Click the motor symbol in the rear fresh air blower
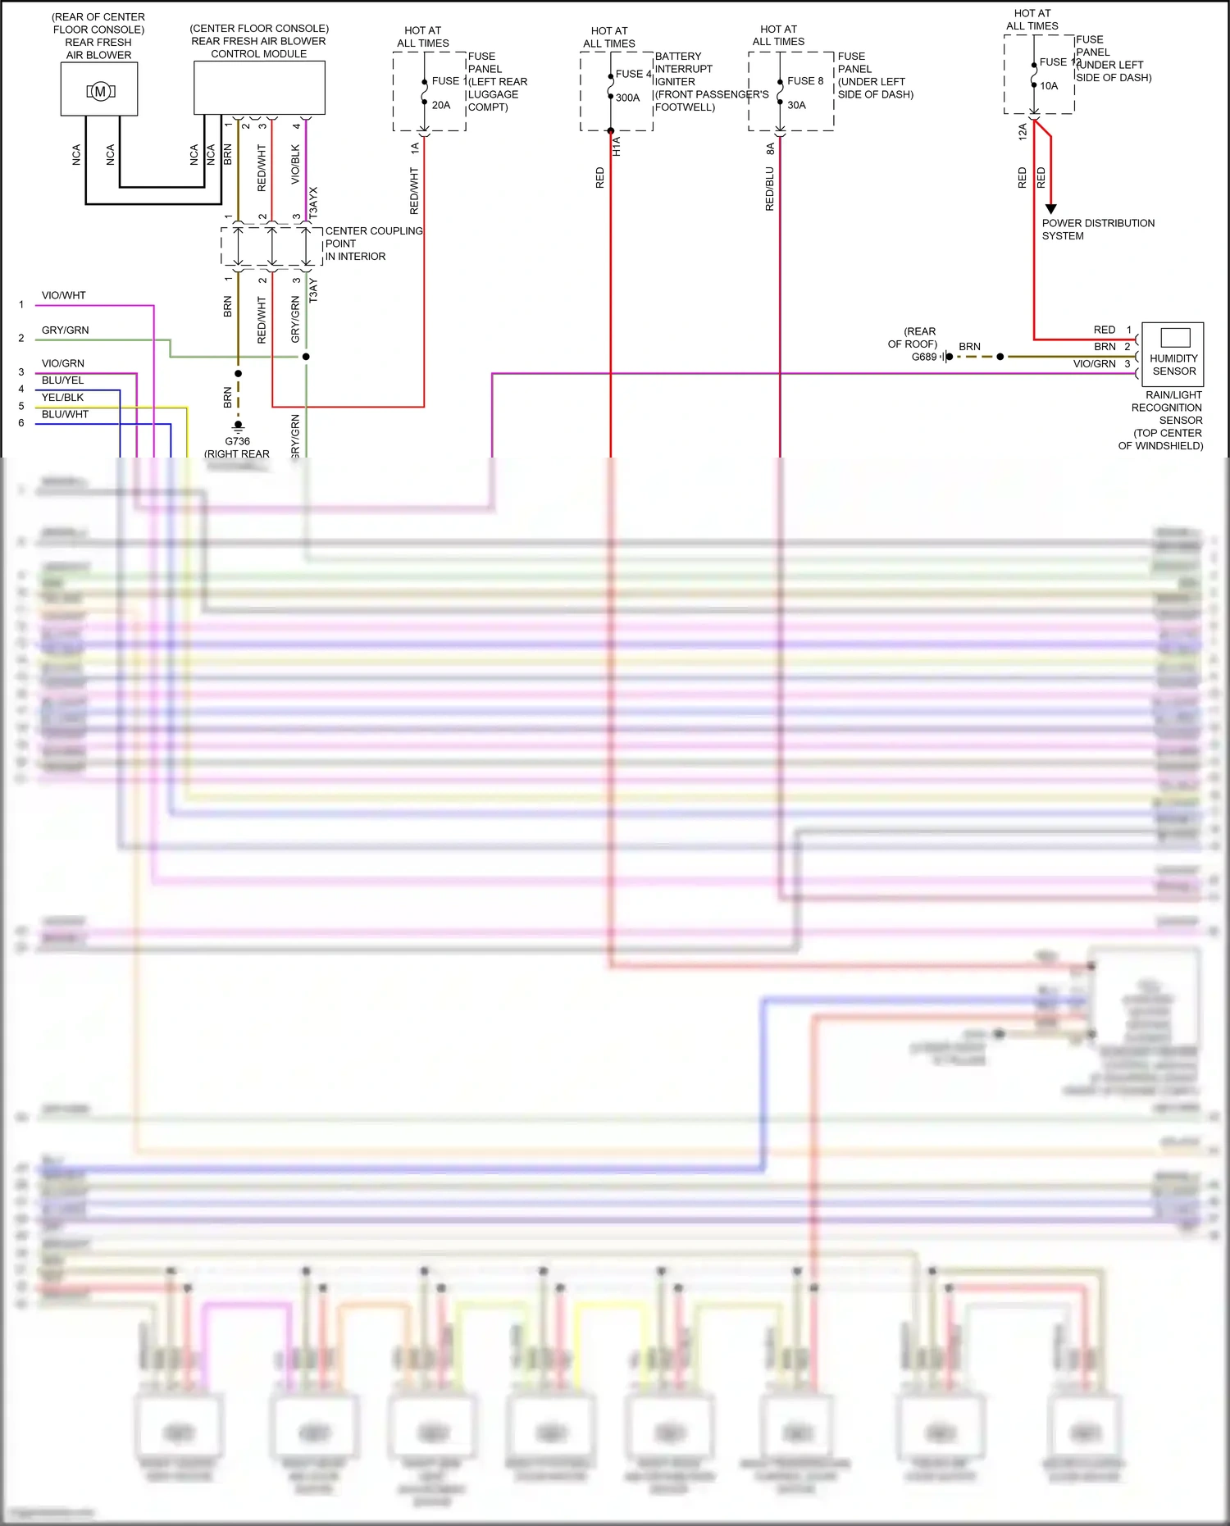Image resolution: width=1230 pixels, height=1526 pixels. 100,91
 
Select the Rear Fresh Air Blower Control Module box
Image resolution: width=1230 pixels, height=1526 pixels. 259,87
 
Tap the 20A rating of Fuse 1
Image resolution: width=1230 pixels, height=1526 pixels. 441,105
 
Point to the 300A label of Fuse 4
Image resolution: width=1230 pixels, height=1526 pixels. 627,98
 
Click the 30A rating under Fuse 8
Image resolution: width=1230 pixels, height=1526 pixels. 796,105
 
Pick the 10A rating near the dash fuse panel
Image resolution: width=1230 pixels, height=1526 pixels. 1049,85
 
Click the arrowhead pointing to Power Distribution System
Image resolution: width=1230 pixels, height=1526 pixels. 1050,209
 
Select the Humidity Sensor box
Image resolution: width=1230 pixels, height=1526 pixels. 1173,353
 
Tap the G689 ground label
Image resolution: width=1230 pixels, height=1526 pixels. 924,357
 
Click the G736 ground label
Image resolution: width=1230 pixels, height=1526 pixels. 237,441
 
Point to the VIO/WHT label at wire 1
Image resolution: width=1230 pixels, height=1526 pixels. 64,295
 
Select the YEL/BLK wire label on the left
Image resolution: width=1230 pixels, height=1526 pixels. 63,397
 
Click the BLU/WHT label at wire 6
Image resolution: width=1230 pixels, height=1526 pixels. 65,414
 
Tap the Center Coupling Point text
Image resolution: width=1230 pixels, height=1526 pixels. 373,244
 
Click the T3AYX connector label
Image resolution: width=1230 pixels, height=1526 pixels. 313,202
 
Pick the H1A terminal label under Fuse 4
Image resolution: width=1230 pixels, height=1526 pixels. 617,147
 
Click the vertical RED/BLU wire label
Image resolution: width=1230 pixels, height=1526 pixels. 769,189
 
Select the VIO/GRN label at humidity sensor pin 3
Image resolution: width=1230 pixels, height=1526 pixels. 1094,363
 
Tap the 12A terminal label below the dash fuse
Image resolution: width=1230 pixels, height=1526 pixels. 1023,132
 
